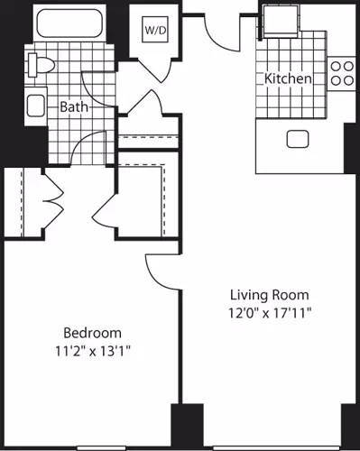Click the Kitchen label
(x=288, y=79)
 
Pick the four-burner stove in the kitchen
(x=341, y=72)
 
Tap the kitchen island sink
(x=297, y=138)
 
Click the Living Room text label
(x=269, y=295)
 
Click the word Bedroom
(x=91, y=332)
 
